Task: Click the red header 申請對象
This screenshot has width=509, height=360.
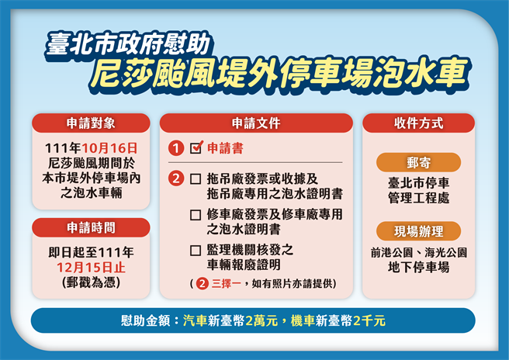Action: click(90, 123)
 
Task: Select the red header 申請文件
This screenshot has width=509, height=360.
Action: click(255, 123)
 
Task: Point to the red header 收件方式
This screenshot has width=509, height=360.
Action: click(418, 123)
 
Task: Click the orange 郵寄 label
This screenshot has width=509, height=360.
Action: click(418, 163)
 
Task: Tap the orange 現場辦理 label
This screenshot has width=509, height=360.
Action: click(418, 231)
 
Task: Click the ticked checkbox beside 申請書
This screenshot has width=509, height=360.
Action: click(196, 147)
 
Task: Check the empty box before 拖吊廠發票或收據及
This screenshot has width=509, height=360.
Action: click(195, 178)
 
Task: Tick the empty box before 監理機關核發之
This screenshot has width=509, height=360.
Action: click(195, 250)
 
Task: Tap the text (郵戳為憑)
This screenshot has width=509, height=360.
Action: click(90, 282)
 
